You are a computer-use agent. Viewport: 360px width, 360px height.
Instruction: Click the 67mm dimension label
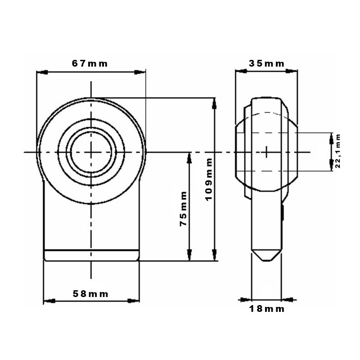(90, 63)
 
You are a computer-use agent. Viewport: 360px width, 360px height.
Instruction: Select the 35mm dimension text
(266, 63)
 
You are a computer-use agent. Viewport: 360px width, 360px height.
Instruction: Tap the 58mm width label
(90, 294)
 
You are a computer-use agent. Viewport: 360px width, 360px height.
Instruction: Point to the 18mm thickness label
(266, 309)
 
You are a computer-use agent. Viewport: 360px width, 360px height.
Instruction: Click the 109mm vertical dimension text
(209, 180)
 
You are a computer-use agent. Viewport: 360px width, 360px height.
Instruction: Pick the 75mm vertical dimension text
(184, 209)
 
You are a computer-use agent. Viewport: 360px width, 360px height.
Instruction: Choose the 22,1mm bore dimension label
(337, 151)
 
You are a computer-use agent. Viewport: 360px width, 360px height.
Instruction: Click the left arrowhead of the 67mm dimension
(42, 72)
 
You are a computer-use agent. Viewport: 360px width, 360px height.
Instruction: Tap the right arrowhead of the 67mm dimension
(140, 72)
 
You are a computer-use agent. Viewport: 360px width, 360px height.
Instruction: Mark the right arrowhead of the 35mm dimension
(292, 72)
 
